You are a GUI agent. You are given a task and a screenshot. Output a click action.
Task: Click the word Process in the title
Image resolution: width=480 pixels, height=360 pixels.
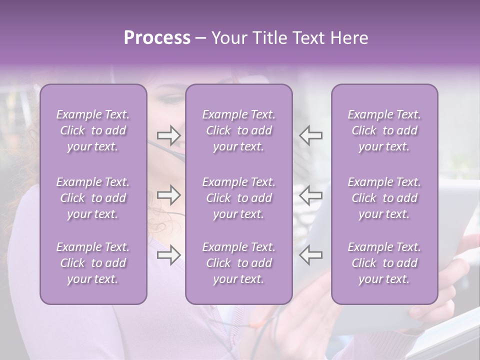157,38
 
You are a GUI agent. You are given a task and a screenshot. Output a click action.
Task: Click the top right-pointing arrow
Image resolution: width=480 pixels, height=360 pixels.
169,135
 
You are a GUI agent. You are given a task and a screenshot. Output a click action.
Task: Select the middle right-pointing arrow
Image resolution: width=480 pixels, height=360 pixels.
169,194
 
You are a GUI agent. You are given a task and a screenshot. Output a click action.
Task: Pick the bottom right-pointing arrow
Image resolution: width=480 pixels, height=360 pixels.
169,254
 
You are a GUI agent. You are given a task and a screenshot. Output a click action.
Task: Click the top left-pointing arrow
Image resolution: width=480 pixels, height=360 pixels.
310,135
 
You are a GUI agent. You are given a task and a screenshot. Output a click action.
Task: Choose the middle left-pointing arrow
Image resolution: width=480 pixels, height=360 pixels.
310,194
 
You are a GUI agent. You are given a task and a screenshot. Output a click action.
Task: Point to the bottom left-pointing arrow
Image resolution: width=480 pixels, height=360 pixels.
310,254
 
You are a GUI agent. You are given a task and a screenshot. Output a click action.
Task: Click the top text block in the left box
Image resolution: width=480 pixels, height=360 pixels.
93,130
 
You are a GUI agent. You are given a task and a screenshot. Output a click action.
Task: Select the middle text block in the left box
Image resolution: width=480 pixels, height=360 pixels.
93,198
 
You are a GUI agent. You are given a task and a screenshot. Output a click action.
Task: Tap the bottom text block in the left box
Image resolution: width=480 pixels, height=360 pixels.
93,263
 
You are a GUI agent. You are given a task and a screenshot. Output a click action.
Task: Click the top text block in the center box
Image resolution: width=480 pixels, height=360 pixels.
238,130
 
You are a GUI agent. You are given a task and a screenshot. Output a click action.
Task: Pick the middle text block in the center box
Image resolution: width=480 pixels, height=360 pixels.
238,198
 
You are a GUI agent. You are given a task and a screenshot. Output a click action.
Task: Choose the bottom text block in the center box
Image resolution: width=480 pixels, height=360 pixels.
238,263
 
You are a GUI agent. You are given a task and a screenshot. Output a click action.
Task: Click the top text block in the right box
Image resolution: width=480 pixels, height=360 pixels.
384,130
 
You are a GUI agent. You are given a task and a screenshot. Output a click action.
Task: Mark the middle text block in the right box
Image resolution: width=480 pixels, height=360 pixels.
384,198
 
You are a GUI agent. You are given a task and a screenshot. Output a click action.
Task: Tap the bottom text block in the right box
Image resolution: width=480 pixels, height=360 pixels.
384,263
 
